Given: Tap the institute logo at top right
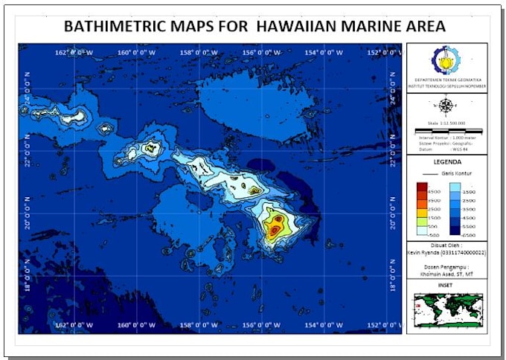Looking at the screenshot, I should point(446,60).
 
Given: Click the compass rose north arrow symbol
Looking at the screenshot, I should point(446,106).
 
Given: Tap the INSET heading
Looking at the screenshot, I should point(446,283).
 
